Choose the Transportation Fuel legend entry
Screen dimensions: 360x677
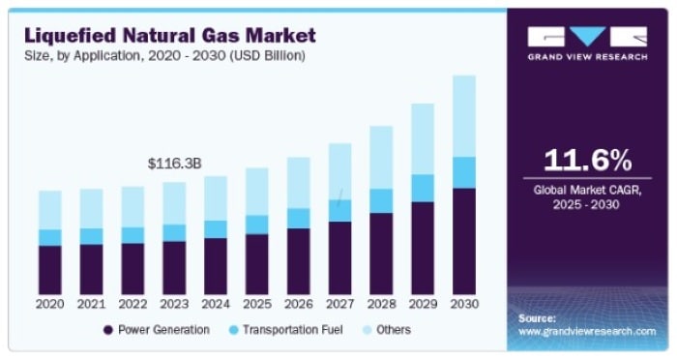coord(286,330)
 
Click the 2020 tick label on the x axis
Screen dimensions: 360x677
coord(50,304)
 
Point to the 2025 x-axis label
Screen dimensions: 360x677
coord(256,304)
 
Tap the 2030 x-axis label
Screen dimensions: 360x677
coord(463,304)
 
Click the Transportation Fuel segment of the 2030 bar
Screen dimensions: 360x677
coord(463,172)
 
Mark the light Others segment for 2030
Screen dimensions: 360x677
coord(463,116)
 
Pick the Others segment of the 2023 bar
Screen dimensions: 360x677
coord(174,203)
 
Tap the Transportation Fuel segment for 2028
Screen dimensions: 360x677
coord(381,200)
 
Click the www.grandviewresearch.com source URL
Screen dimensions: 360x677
coord(586,331)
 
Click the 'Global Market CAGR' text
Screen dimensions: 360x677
coord(587,191)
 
